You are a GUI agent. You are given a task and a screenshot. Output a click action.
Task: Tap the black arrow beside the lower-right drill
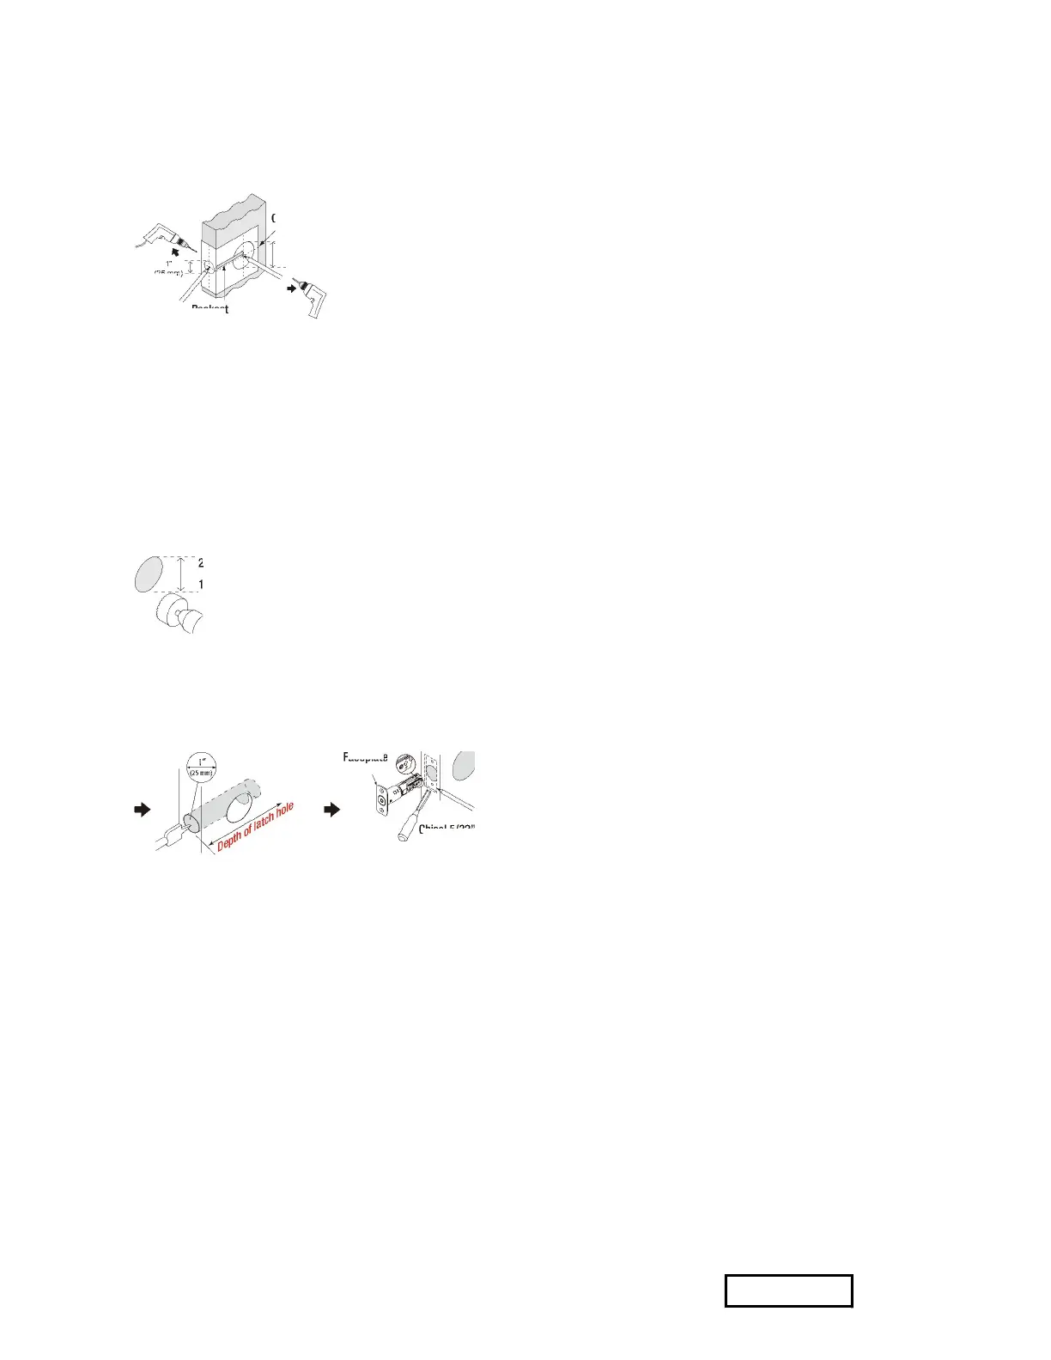click(292, 288)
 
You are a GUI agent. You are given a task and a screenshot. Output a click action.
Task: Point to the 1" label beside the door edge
click(169, 264)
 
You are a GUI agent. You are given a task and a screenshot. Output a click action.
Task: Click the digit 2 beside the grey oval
click(200, 563)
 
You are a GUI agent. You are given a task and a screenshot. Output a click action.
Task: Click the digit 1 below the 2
click(200, 585)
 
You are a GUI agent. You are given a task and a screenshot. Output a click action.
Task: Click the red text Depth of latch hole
click(256, 827)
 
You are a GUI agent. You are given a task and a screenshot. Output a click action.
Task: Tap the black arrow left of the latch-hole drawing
click(143, 809)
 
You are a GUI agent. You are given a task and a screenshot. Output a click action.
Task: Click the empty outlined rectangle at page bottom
click(788, 1290)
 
